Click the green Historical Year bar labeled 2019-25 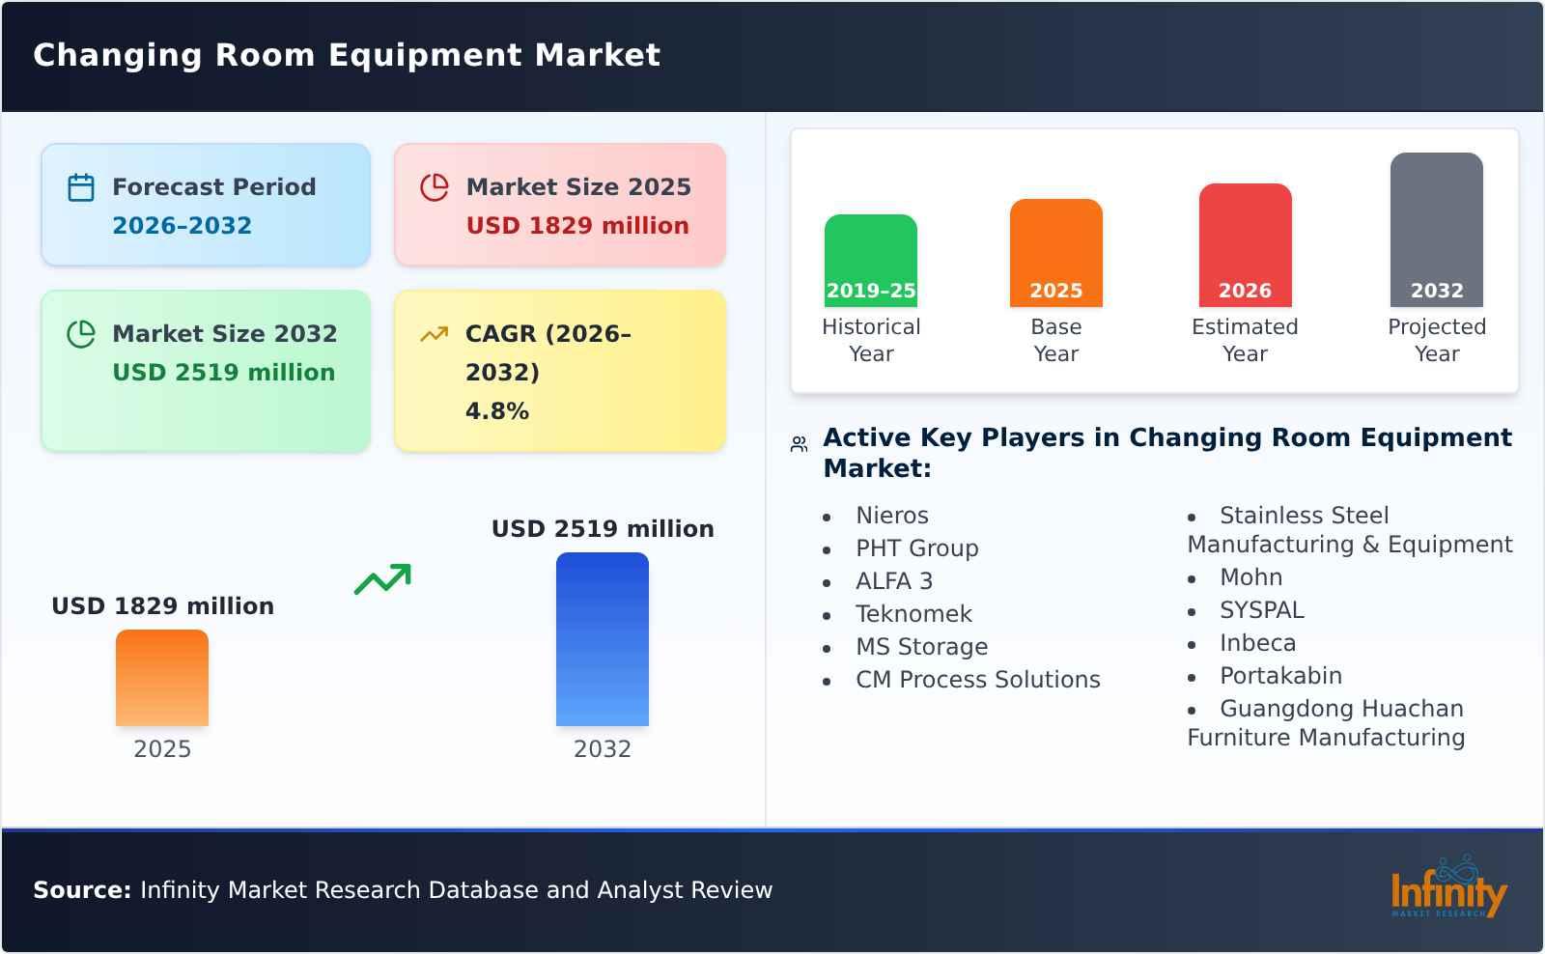point(870,260)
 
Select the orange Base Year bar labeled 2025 point(1055,252)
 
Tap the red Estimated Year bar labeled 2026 point(1245,244)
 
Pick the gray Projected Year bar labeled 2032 point(1436,229)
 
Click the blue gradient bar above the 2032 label point(602,638)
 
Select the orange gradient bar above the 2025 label point(162,677)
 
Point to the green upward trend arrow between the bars point(382,579)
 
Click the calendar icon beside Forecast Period point(81,187)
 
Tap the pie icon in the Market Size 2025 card point(435,187)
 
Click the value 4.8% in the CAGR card point(496,411)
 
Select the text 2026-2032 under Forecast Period point(182,226)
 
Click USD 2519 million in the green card point(223,373)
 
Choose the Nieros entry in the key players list point(891,516)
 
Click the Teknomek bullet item point(913,614)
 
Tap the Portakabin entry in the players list point(1279,676)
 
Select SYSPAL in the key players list point(1261,610)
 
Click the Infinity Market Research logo point(1447,888)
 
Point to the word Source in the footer point(81,890)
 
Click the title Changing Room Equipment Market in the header point(347,55)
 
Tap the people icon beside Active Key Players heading point(799,444)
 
